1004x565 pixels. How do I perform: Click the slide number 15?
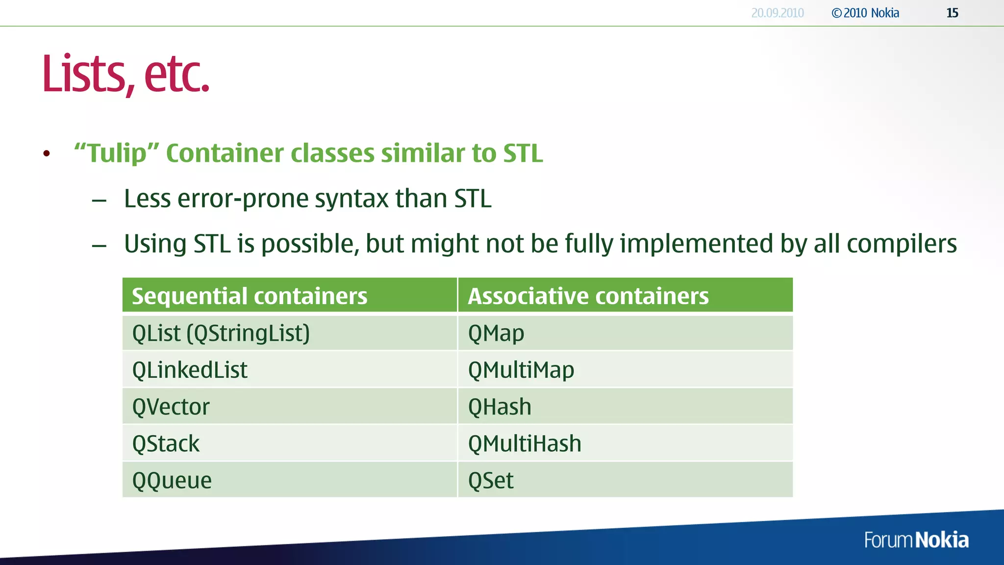[952, 13]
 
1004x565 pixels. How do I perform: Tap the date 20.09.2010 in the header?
[778, 13]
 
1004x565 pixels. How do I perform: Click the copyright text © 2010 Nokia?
[865, 13]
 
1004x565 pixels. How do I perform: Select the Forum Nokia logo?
[916, 540]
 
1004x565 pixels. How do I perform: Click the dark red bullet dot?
[47, 154]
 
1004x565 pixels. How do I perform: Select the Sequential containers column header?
[250, 296]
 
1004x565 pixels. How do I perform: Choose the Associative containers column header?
[588, 296]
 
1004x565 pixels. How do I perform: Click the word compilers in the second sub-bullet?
[902, 244]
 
